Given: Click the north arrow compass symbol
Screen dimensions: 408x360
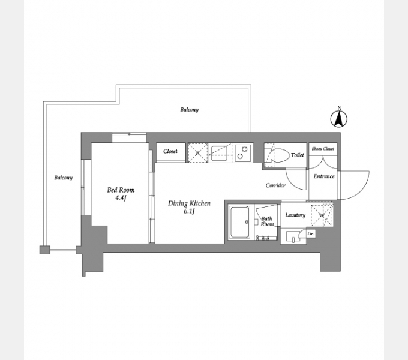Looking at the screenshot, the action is point(339,118).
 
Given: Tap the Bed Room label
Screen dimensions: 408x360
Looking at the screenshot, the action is point(121,190).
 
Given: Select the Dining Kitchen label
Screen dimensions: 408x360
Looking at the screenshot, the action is point(189,203).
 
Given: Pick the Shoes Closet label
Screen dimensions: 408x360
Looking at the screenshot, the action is point(323,149).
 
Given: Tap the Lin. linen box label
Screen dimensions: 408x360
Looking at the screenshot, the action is point(311,234).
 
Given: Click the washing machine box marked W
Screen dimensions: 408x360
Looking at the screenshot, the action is point(322,215).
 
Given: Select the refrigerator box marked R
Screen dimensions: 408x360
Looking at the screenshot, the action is point(198,152).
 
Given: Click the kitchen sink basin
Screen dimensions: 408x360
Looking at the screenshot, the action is point(220,154).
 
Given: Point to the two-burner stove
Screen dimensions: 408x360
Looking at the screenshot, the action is point(243,152).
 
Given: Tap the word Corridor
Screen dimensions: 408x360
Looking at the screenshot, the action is point(275,185).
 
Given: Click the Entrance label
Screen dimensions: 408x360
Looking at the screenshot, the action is point(324,176).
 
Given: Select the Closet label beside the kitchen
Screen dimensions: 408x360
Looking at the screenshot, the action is point(170,151).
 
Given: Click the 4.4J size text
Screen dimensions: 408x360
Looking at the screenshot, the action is point(121,198).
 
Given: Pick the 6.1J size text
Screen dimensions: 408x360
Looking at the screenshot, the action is point(189,211).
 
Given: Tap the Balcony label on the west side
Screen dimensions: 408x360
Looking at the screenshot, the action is point(63,178).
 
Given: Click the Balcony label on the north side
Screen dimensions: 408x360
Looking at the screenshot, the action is point(190,110).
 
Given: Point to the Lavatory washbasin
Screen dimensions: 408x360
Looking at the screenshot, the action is point(293,236).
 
